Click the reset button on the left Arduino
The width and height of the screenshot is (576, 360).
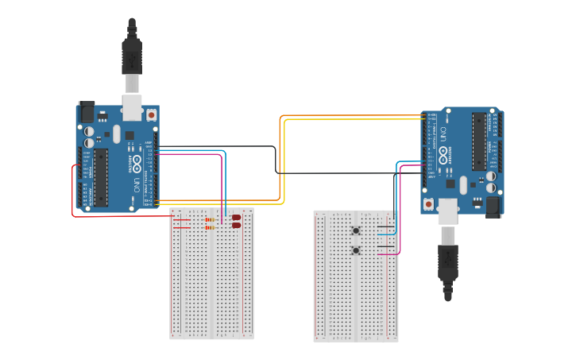(x=151, y=115)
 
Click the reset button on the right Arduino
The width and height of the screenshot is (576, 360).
(x=429, y=204)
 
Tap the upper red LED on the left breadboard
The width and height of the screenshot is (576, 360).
(x=236, y=217)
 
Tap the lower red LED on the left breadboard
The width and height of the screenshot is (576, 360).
(x=236, y=226)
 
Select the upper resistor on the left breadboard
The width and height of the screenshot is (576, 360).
(x=211, y=219)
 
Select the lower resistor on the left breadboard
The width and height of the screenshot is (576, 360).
(x=211, y=227)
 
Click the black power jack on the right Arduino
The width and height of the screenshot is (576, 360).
(x=493, y=207)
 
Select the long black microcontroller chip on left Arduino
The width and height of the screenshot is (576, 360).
(x=101, y=176)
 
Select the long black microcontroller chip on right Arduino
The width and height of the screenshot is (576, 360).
(x=478, y=141)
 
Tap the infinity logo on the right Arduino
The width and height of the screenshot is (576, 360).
(x=443, y=153)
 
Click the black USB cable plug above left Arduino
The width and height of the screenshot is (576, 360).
(x=132, y=56)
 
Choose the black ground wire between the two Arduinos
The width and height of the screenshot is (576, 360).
(x=276, y=159)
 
